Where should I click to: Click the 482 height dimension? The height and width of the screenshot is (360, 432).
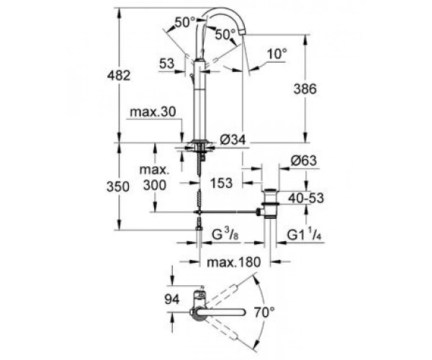[119, 76]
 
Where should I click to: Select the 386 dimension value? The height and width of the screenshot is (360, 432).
[305, 89]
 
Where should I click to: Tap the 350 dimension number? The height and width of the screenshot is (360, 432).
[118, 186]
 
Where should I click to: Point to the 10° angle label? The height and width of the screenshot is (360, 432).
[277, 54]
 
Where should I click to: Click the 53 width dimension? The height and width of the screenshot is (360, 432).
[167, 63]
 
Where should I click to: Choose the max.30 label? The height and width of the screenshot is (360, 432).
[153, 112]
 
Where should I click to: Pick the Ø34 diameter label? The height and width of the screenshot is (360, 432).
[233, 140]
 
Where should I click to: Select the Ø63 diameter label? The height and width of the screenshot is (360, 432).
[304, 161]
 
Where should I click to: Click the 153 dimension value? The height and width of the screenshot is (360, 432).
[222, 183]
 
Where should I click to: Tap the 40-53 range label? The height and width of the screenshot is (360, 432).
[306, 198]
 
